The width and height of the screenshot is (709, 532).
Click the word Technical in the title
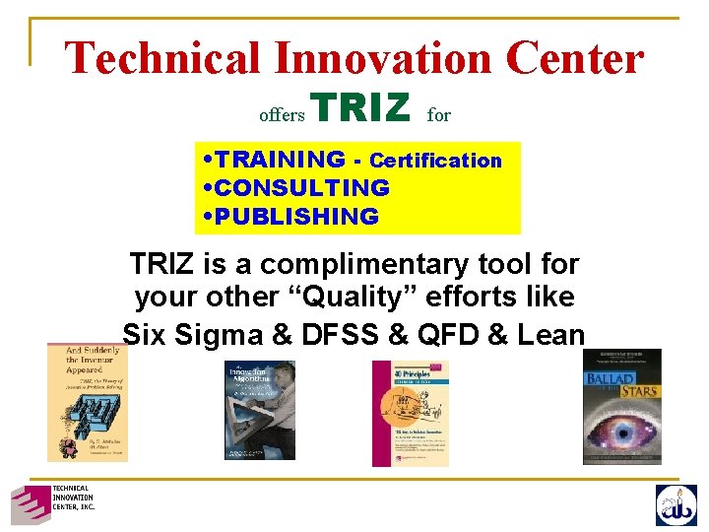162,58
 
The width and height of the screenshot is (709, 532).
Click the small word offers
282,115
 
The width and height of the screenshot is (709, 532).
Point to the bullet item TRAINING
280,160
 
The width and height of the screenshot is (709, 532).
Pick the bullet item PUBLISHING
296,216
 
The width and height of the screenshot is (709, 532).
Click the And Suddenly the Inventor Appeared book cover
87,403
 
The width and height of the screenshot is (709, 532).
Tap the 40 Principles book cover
409,413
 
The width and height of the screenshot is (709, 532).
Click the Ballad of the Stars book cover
621,406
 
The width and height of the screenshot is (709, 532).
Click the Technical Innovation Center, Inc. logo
52,503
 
